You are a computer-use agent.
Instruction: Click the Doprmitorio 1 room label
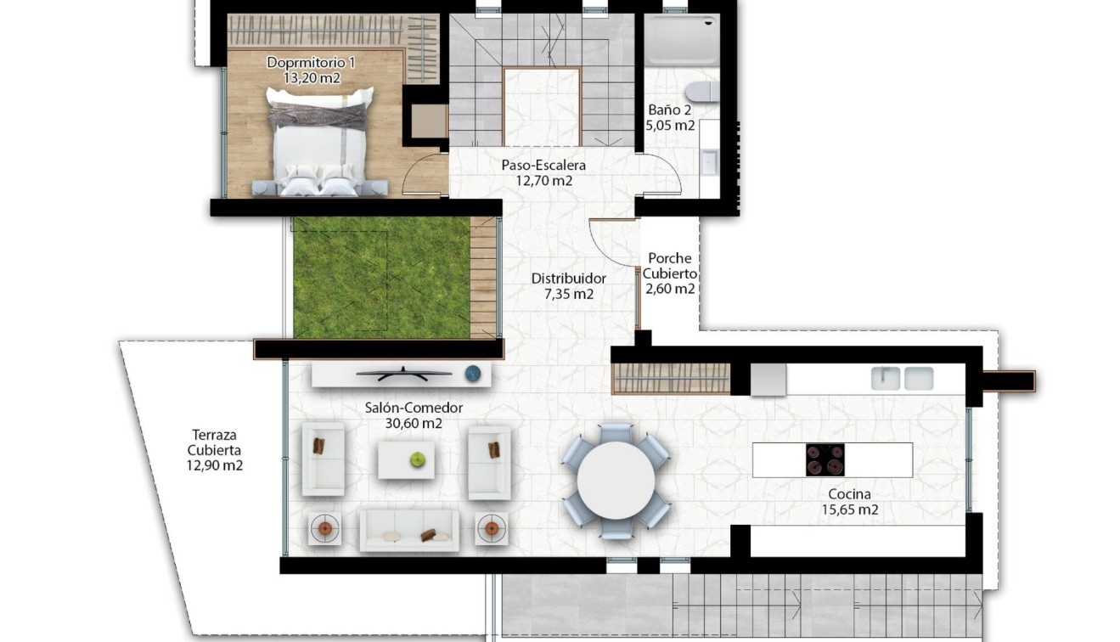[310, 62]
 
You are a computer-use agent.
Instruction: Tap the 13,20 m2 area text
[312, 77]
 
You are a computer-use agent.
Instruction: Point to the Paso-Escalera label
[543, 166]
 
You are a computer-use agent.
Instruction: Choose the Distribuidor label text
[568, 279]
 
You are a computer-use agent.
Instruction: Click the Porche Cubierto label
[669, 266]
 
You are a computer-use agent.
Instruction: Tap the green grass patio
[380, 277]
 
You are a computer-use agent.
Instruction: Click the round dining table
[616, 480]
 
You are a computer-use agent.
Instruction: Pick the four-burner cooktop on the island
[825, 460]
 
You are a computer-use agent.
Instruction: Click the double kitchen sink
[903, 378]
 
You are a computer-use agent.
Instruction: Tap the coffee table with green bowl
[406, 459]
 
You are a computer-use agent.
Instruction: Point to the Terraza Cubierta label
[215, 451]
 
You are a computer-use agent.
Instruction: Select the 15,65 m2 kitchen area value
[849, 510]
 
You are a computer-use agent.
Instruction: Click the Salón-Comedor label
[414, 408]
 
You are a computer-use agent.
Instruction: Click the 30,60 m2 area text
[414, 423]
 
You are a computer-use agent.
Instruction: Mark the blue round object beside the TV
[473, 372]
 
